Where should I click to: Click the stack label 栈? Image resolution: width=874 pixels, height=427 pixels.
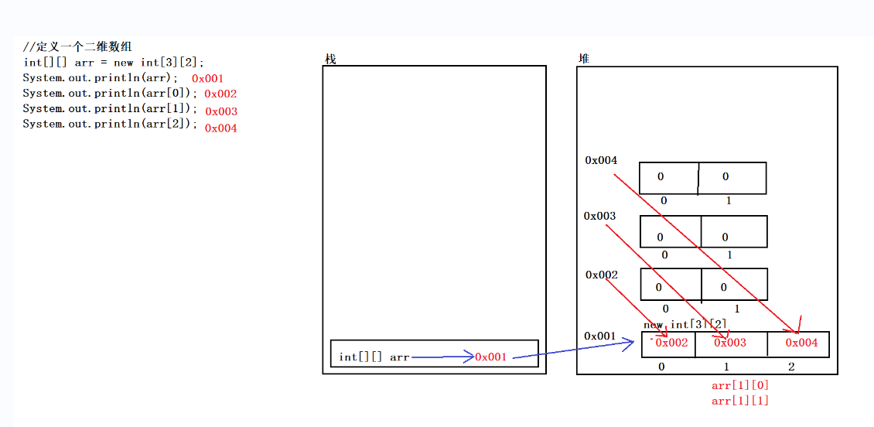(x=330, y=60)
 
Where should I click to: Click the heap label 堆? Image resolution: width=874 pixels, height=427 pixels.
(x=584, y=59)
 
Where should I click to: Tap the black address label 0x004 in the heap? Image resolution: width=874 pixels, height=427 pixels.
(x=601, y=160)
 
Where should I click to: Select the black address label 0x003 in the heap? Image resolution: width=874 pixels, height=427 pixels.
(x=600, y=216)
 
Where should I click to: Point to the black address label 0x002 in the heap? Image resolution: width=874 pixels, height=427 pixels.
(x=601, y=275)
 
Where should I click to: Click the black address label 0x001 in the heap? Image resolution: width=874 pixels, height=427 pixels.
(x=600, y=336)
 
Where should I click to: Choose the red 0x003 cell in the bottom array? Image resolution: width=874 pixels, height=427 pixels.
(x=730, y=343)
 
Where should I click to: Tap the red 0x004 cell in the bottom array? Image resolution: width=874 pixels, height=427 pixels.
(x=801, y=343)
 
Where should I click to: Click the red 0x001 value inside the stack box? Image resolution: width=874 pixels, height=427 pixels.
(x=491, y=357)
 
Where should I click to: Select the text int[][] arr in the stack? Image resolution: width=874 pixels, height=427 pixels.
(x=374, y=357)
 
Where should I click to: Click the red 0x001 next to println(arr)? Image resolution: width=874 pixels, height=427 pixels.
(x=207, y=78)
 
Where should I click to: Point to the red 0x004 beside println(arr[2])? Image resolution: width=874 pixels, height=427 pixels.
(x=220, y=128)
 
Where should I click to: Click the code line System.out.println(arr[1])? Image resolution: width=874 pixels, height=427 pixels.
(x=110, y=109)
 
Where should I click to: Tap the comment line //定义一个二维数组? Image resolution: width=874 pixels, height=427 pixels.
(x=77, y=47)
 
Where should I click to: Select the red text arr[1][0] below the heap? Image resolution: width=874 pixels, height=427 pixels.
(x=740, y=384)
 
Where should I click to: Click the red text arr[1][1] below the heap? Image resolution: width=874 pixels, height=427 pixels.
(x=740, y=400)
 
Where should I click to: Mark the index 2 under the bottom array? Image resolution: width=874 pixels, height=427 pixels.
(x=791, y=367)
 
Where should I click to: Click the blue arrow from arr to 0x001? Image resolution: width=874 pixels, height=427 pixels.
(x=442, y=357)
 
